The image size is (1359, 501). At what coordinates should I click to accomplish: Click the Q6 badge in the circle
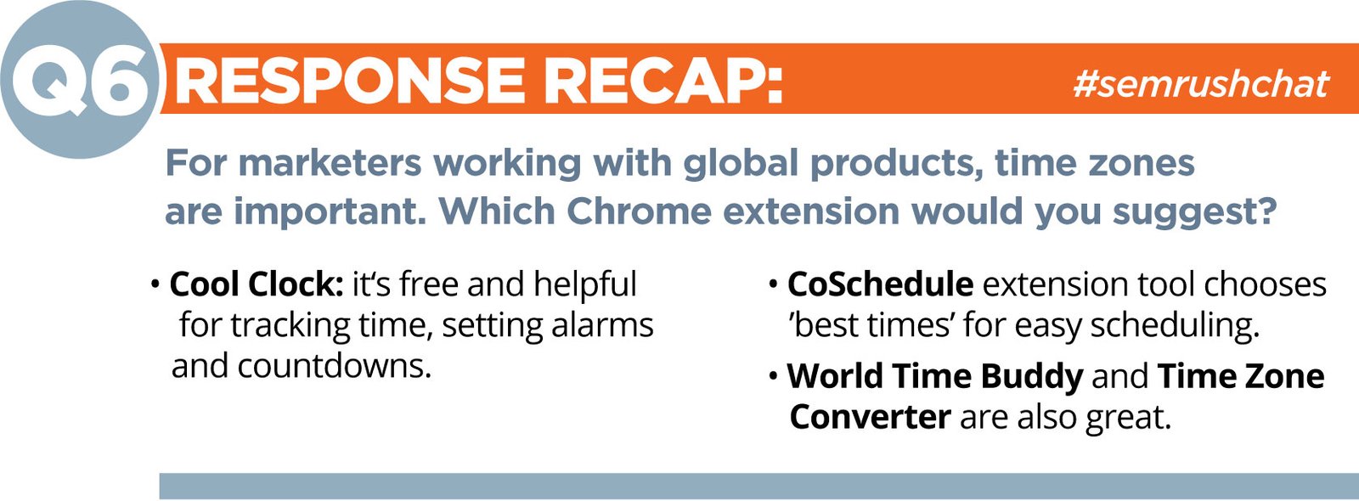tap(80, 80)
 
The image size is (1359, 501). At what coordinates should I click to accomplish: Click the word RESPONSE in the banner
tap(349, 81)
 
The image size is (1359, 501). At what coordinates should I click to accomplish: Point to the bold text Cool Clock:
tap(257, 284)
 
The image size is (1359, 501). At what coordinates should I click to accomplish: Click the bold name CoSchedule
tap(880, 284)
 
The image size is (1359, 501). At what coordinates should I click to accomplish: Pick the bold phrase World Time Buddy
tap(935, 377)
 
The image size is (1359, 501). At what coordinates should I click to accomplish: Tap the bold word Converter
tap(870, 417)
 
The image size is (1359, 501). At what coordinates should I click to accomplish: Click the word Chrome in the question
tap(639, 211)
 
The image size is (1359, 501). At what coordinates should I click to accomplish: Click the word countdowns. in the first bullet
tap(335, 366)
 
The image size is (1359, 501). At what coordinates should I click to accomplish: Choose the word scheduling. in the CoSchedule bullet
tap(1176, 326)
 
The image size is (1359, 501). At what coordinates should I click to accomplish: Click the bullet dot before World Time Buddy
tap(773, 377)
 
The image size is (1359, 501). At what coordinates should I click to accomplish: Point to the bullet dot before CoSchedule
tap(773, 284)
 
